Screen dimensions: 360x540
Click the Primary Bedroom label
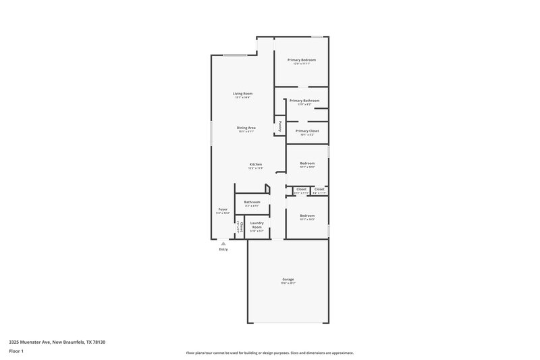point(301,60)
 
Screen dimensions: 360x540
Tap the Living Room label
point(242,93)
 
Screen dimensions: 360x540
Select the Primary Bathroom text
point(304,101)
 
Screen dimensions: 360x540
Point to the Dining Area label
point(246,127)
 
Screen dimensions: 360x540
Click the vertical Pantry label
point(279,126)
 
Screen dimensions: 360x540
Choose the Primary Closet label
point(307,130)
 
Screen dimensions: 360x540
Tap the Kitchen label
point(255,165)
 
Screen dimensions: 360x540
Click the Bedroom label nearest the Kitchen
point(307,163)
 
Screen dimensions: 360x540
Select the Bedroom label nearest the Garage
point(307,215)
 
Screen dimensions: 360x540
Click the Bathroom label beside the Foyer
point(252,201)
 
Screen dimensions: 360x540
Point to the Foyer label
point(223,209)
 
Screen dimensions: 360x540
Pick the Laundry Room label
point(256,225)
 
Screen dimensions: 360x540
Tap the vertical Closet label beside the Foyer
point(241,228)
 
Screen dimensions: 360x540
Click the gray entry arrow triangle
point(223,243)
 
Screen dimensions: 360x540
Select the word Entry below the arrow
point(223,249)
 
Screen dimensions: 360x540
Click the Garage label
point(288,279)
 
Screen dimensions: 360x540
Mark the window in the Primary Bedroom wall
point(317,36)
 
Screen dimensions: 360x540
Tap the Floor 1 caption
point(17,352)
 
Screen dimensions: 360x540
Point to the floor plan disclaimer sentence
point(269,353)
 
